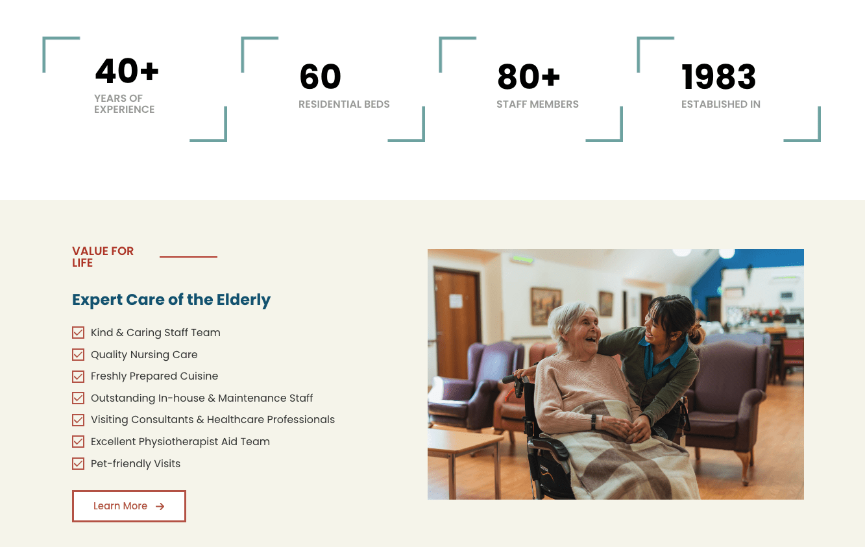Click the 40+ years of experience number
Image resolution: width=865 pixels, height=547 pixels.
point(127,71)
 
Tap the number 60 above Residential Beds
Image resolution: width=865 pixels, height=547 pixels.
point(320,77)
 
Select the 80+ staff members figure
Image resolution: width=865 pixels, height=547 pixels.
point(528,77)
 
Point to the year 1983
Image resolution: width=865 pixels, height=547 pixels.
point(718,77)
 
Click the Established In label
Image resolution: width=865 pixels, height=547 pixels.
point(720,104)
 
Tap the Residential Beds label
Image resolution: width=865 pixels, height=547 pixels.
point(344,104)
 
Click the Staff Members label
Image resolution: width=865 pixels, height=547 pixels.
point(537,104)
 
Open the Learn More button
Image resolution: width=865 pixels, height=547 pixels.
point(129,506)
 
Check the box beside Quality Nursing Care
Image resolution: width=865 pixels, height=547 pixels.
point(78,354)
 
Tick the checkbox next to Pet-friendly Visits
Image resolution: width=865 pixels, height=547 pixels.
point(78,463)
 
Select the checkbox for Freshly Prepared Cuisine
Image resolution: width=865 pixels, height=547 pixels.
point(78,376)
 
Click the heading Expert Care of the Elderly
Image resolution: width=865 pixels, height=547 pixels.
point(171,300)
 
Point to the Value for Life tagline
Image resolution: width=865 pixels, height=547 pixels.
point(103,257)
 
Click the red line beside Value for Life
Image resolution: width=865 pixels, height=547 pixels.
point(188,257)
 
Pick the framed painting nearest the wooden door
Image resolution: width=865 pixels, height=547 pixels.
point(546,306)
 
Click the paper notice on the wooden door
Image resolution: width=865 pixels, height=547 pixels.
point(456,300)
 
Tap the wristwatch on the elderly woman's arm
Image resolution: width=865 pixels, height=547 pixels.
point(593,422)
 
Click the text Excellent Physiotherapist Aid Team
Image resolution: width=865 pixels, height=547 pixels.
point(180,442)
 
